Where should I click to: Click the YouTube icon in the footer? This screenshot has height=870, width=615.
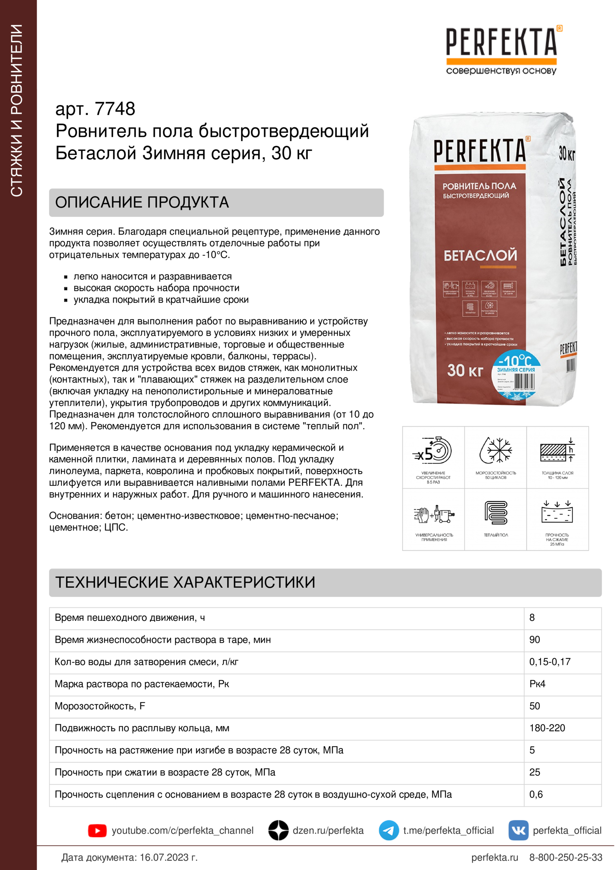97,831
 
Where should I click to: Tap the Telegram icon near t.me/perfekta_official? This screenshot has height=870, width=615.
388,830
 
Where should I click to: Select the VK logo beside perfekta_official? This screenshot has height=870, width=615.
518,830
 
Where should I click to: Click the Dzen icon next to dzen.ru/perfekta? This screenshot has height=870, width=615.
279,830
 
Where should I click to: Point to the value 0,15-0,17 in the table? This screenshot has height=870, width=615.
550,662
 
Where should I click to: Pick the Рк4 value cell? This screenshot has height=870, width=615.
537,684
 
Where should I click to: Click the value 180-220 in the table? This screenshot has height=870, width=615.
547,728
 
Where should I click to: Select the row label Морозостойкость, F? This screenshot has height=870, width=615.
100,706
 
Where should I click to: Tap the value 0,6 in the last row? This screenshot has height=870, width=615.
536,794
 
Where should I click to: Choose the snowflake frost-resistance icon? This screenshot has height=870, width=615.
496,450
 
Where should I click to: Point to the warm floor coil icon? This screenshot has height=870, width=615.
496,513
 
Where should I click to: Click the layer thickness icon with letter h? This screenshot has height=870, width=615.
557,450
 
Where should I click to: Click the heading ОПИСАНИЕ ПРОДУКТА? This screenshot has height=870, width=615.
142,202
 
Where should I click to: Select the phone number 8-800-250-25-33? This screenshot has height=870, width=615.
566,857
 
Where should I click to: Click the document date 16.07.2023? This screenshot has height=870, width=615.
164,857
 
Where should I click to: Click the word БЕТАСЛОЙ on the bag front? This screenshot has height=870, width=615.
480,255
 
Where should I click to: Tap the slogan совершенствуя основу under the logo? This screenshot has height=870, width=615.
501,71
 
